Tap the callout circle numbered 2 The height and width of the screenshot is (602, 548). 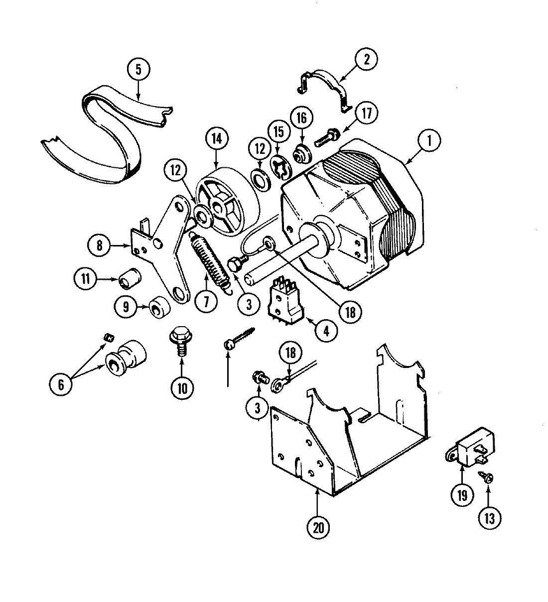click(x=366, y=60)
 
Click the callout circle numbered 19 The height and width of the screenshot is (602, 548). click(x=461, y=495)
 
